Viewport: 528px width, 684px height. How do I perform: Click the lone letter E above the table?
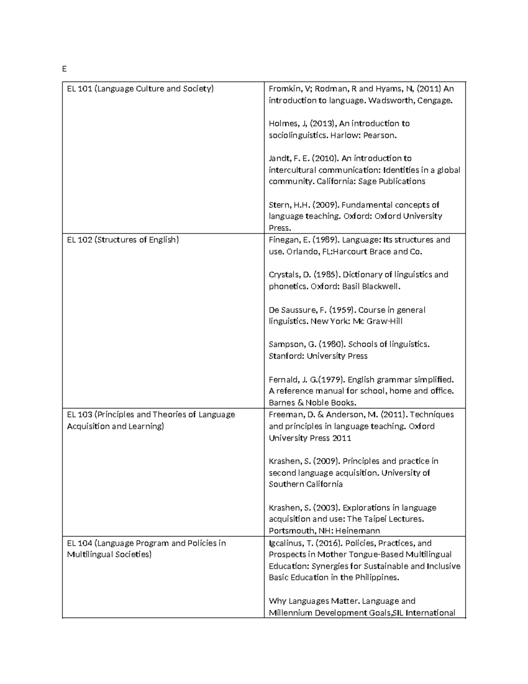click(x=64, y=69)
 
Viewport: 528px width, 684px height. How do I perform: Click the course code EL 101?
click(x=79, y=89)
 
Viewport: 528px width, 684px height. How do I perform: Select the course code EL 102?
click(x=79, y=240)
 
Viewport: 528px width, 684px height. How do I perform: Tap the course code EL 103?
click(x=79, y=414)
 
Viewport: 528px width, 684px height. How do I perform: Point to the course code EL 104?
click(x=79, y=543)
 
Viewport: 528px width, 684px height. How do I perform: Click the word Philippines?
click(x=377, y=578)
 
